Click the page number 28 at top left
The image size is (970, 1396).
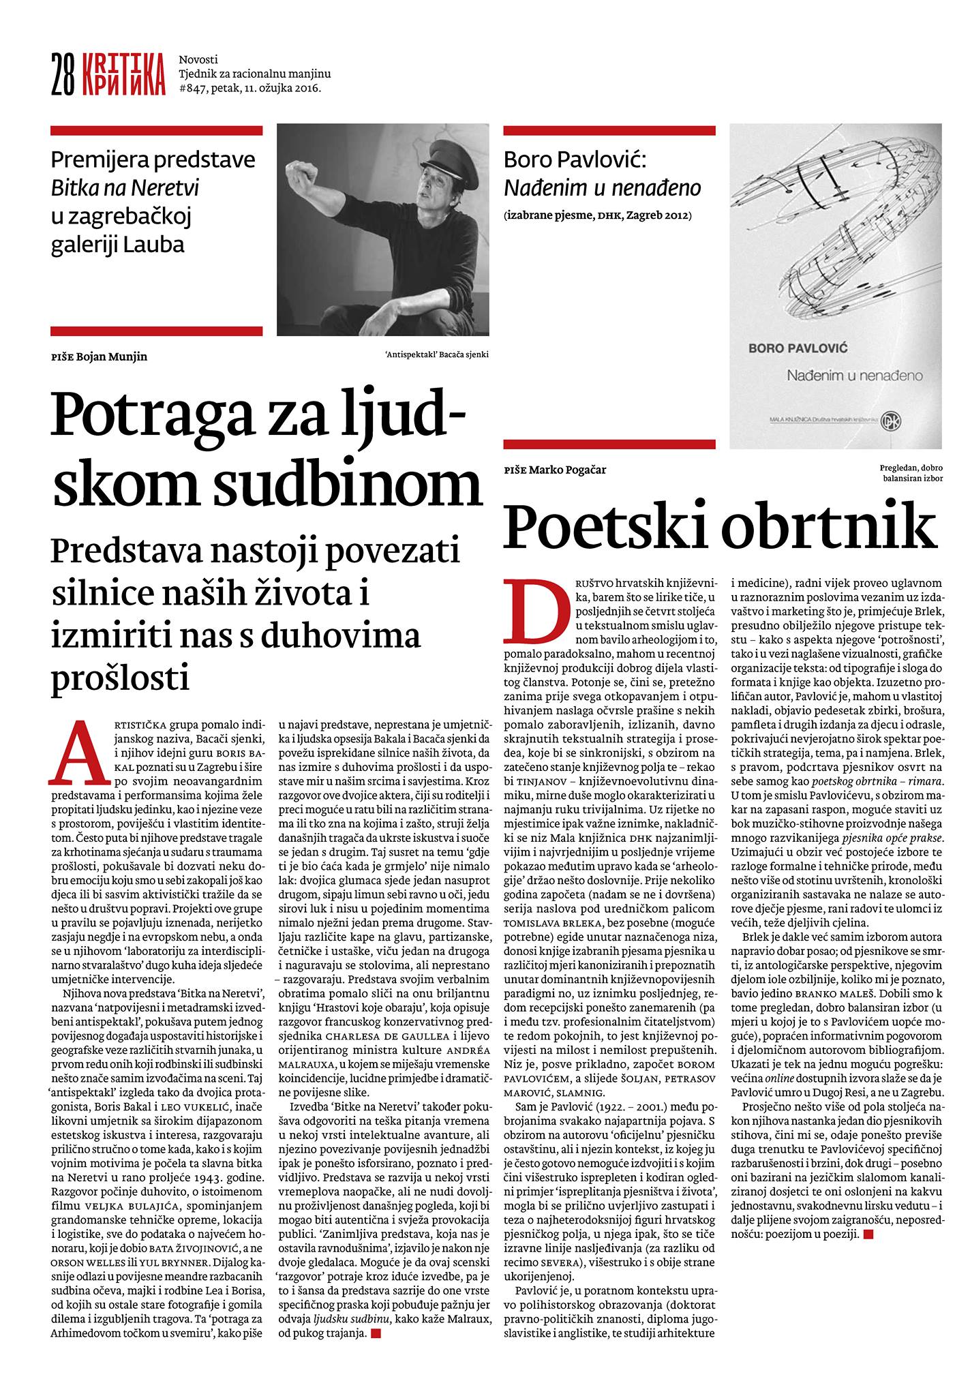(x=63, y=74)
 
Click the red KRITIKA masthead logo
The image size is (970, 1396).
(x=122, y=74)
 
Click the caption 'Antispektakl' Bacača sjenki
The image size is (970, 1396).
(x=436, y=354)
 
